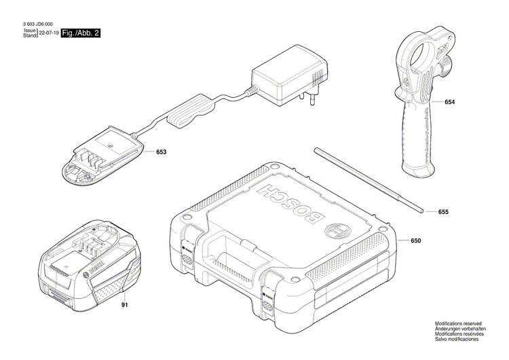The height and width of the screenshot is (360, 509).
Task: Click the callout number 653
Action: click(x=161, y=153)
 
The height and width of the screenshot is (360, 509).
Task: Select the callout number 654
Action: click(x=450, y=102)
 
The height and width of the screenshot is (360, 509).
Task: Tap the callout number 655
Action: click(x=443, y=212)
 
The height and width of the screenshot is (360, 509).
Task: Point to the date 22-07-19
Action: click(x=48, y=33)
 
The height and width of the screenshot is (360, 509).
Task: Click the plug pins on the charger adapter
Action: click(x=314, y=97)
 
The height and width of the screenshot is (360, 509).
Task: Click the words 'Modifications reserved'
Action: click(x=458, y=323)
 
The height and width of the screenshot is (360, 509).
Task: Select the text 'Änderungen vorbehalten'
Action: click(x=460, y=328)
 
